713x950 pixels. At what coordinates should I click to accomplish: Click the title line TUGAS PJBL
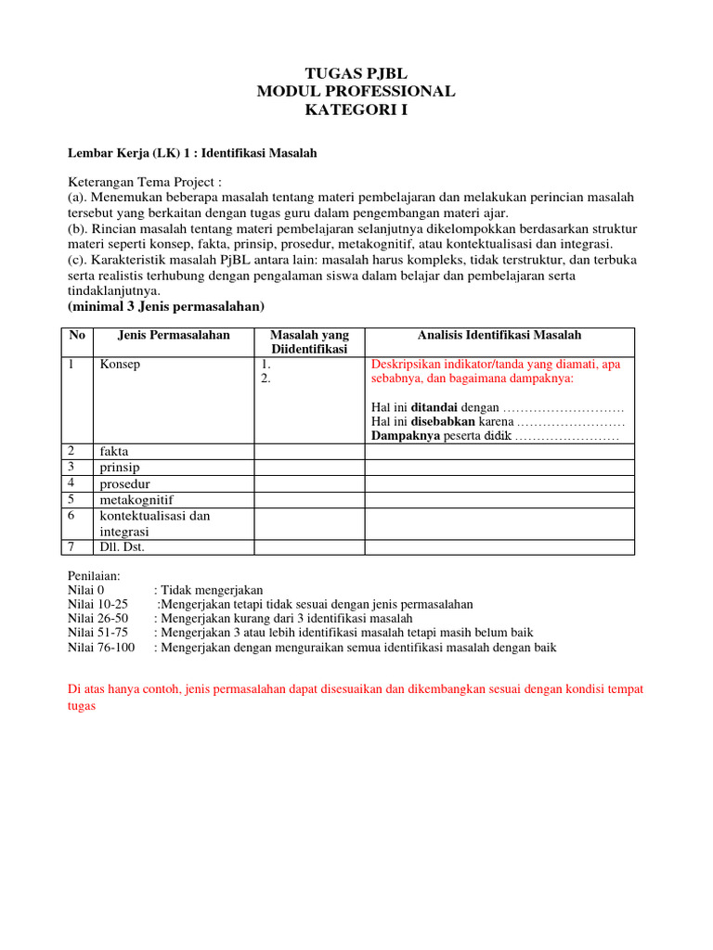click(x=356, y=73)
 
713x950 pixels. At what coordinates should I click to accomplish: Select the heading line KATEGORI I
click(x=356, y=110)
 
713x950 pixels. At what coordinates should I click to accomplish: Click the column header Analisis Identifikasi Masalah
click(x=499, y=335)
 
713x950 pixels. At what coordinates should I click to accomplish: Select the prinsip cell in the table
click(x=120, y=468)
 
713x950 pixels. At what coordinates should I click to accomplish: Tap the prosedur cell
click(x=124, y=483)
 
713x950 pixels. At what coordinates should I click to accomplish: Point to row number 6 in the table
click(x=71, y=516)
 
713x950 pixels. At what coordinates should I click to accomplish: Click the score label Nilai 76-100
click(x=101, y=648)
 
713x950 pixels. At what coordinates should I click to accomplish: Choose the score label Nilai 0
click(x=88, y=589)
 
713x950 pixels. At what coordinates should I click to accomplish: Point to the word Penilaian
click(x=95, y=575)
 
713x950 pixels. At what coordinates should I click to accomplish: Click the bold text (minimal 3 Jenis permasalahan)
click(x=167, y=306)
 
